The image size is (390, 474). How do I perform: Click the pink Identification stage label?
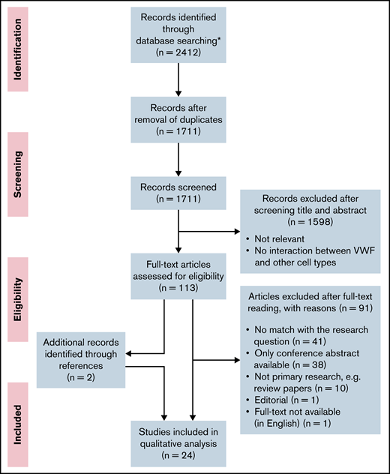click(x=18, y=49)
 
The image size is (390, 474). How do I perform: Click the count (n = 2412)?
click(x=175, y=54)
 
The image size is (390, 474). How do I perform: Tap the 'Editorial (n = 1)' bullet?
click(x=285, y=391)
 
